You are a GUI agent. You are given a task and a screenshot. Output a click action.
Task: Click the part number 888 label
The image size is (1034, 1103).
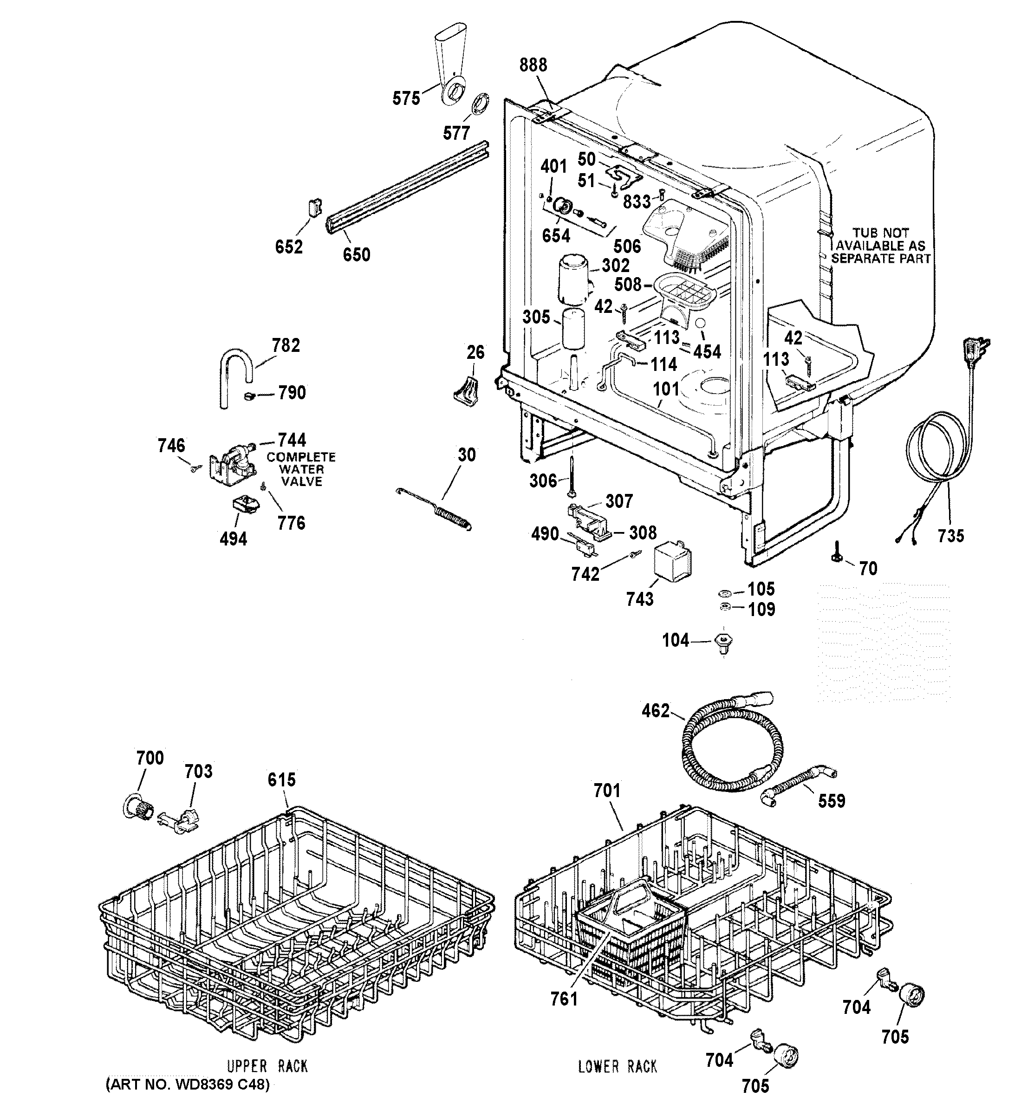click(533, 65)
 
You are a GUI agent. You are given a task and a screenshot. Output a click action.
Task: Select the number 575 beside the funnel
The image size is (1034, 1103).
click(406, 99)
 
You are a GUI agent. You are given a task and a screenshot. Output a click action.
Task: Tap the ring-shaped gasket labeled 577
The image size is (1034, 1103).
click(480, 103)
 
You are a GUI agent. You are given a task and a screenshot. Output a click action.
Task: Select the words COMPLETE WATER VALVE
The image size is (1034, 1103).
click(301, 469)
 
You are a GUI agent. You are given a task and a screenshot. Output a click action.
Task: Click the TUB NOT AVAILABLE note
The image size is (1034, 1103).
click(880, 246)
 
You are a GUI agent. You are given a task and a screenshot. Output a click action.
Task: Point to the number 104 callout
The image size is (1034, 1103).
click(676, 640)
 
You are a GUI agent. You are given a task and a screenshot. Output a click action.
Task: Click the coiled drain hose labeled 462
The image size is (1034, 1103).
click(727, 744)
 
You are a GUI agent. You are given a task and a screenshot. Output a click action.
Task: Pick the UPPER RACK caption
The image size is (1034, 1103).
click(267, 1066)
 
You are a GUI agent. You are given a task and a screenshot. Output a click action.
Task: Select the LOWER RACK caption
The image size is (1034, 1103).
click(617, 1066)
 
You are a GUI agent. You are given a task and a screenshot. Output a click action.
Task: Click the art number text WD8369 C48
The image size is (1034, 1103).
click(187, 1084)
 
